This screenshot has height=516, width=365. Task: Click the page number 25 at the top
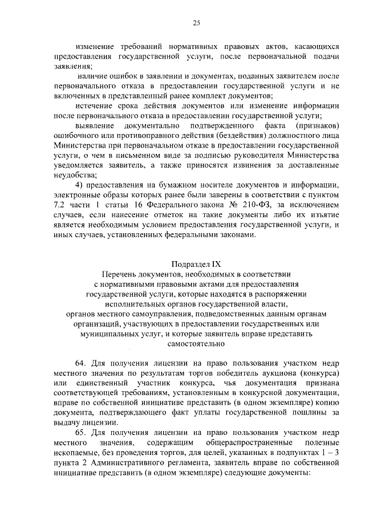196,23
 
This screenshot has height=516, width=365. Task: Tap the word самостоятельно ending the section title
196,344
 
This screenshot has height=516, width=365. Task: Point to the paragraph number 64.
80,363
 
